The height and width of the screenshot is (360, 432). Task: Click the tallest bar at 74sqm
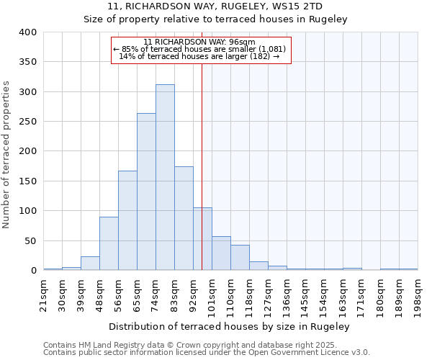click(x=165, y=177)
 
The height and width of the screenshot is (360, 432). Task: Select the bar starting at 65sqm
click(x=146, y=192)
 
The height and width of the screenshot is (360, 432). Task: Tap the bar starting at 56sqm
click(x=127, y=220)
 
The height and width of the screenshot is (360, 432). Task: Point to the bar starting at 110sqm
click(x=240, y=258)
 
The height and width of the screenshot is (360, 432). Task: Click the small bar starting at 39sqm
click(x=90, y=264)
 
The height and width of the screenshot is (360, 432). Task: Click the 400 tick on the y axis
click(x=27, y=32)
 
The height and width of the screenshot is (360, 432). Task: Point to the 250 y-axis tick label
click(x=27, y=122)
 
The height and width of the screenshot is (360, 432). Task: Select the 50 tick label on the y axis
click(x=30, y=240)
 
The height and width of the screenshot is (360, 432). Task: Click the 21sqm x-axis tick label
click(x=44, y=294)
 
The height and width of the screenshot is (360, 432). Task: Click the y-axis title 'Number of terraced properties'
click(x=7, y=154)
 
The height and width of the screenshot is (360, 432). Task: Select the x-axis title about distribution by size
click(x=230, y=326)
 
